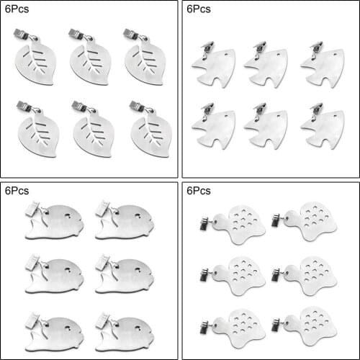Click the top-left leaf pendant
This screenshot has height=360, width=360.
(x=34, y=61)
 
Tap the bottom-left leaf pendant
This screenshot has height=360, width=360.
(x=34, y=134)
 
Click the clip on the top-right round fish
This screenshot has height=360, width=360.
(x=103, y=209)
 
